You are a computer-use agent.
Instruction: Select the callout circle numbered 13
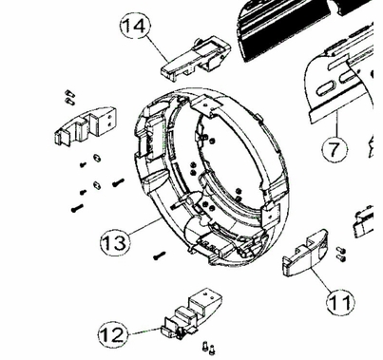[x=113, y=243]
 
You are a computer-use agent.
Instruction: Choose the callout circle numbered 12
[x=112, y=334]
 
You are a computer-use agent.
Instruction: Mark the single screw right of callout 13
[x=159, y=255]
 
